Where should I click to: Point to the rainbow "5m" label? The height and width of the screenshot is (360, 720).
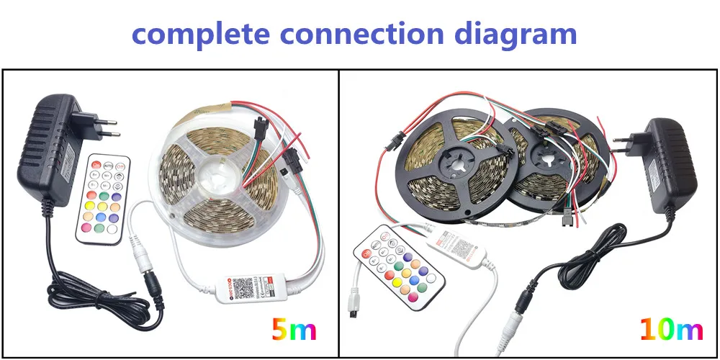pos(293,330)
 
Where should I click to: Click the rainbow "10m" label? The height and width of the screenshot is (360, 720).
pos(670,329)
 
